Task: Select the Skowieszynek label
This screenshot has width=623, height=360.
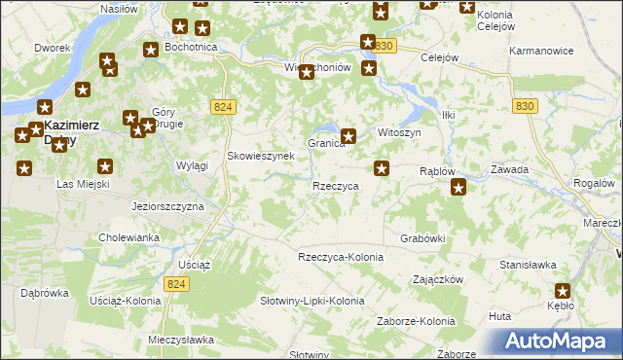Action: click(255, 156)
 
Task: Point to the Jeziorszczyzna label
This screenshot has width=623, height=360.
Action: click(167, 207)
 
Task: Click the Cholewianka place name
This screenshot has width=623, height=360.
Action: click(128, 237)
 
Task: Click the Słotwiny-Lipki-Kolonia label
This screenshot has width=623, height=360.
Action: click(311, 301)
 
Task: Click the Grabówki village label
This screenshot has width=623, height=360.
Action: click(422, 237)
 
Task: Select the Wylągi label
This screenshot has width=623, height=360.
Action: click(192, 165)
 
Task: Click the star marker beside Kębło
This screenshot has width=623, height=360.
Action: click(564, 290)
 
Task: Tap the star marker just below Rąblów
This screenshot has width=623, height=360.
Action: click(458, 188)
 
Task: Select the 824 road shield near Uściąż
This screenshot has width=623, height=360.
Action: click(175, 282)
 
